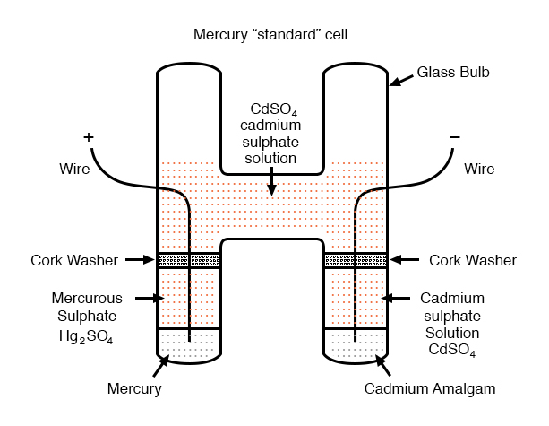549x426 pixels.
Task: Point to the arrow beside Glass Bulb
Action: [401, 81]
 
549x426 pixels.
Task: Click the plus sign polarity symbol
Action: [88, 137]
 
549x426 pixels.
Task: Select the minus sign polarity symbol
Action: [455, 136]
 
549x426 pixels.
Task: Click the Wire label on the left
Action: [74, 169]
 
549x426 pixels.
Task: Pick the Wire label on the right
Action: [480, 169]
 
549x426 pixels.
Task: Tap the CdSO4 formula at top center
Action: [274, 109]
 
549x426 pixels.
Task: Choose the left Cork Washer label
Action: [73, 260]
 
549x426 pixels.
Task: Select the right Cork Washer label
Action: [473, 260]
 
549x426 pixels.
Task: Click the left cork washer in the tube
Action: [189, 260]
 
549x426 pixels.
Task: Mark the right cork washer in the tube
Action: [355, 260]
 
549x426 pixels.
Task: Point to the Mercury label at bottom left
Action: [134, 389]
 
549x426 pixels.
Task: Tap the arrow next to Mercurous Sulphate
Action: [147, 297]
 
